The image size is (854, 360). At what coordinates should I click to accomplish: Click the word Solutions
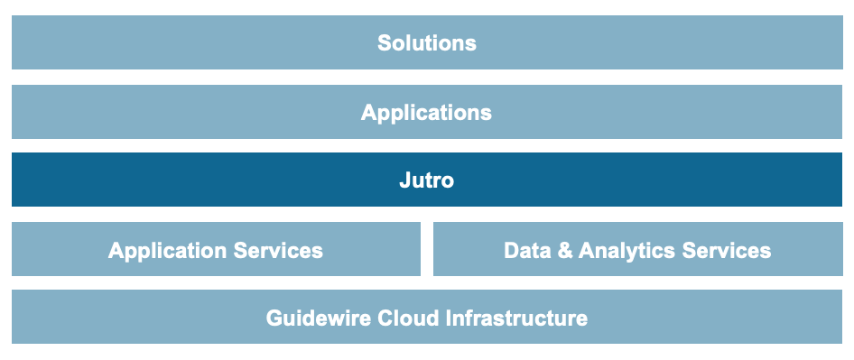point(426,42)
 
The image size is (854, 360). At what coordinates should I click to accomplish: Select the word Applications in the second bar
point(426,113)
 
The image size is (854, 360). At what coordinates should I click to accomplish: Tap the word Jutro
point(426,180)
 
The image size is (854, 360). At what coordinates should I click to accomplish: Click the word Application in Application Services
point(163,251)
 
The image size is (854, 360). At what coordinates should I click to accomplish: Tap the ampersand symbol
point(565,250)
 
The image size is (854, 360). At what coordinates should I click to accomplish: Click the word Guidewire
point(311,318)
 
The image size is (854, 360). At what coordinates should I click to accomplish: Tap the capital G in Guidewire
point(274,318)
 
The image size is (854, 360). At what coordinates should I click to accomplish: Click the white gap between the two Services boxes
point(427,249)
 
